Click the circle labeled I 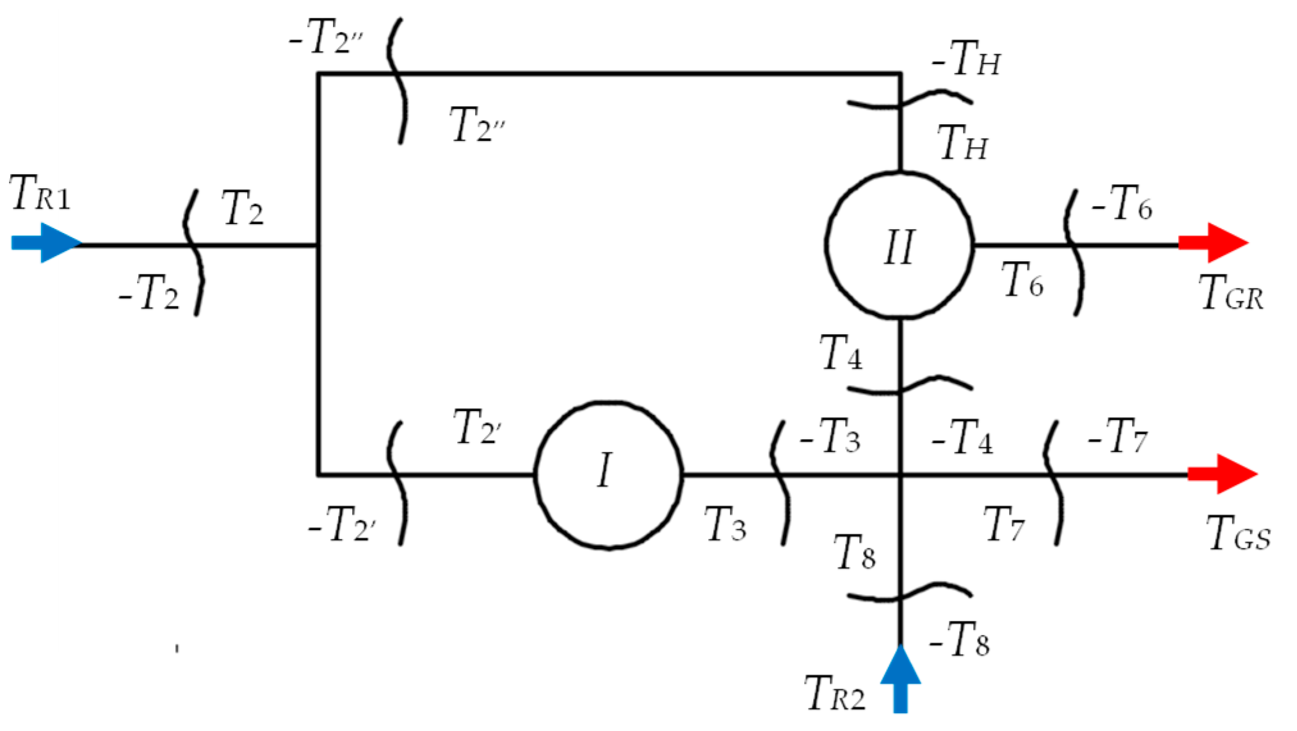coord(608,475)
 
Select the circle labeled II coord(899,245)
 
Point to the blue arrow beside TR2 coord(900,679)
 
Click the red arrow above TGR coord(1214,243)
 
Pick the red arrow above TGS coord(1222,474)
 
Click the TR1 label coord(40,193)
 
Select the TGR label coord(1231,293)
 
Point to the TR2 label coord(835,693)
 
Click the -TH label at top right coord(966,59)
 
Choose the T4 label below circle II coord(841,353)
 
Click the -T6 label coord(1122,204)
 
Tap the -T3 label coord(830,437)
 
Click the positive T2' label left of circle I coord(477,427)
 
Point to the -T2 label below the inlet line coord(149,293)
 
